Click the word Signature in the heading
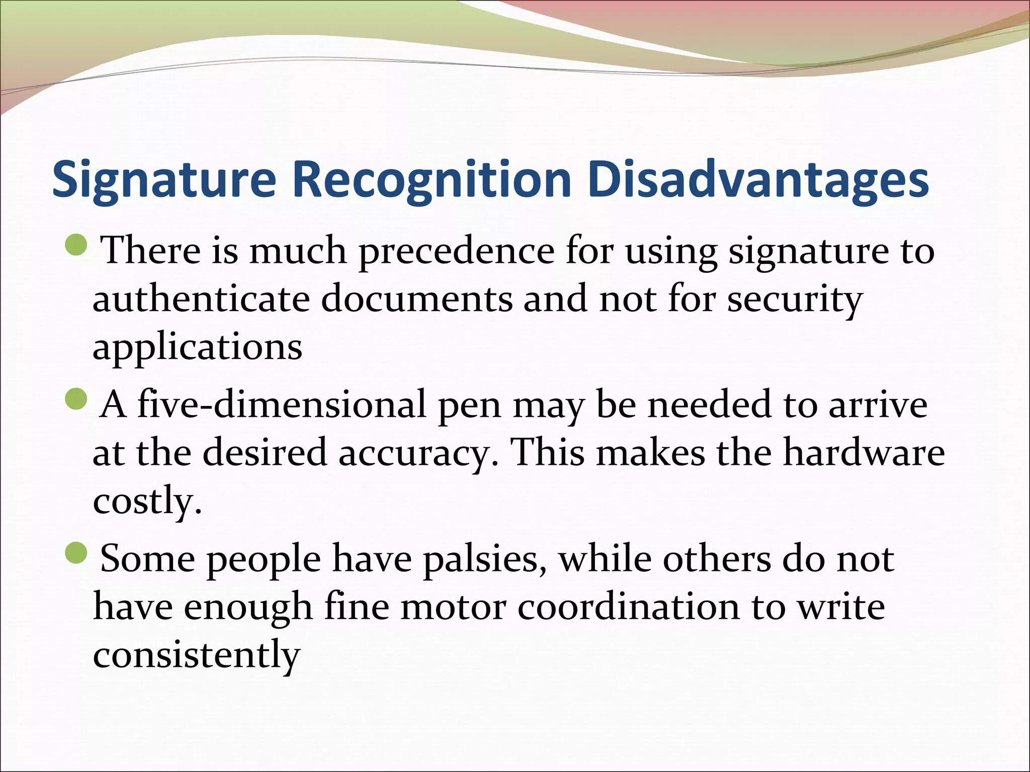click(164, 180)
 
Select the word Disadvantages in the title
click(758, 180)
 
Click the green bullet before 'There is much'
click(76, 244)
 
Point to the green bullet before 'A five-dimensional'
click(76, 398)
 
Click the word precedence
click(456, 251)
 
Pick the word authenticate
click(201, 299)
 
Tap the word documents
click(417, 299)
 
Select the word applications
click(197, 348)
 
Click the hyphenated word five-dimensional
click(282, 404)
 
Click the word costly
click(147, 501)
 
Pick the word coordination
click(629, 607)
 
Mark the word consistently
click(196, 655)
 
